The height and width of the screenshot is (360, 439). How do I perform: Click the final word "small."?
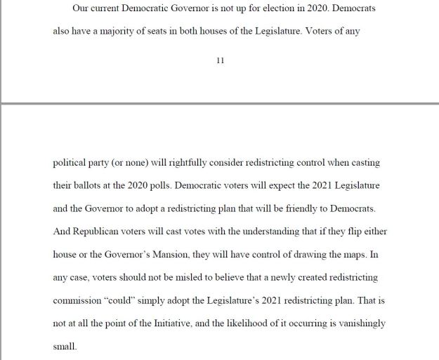click(65, 346)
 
